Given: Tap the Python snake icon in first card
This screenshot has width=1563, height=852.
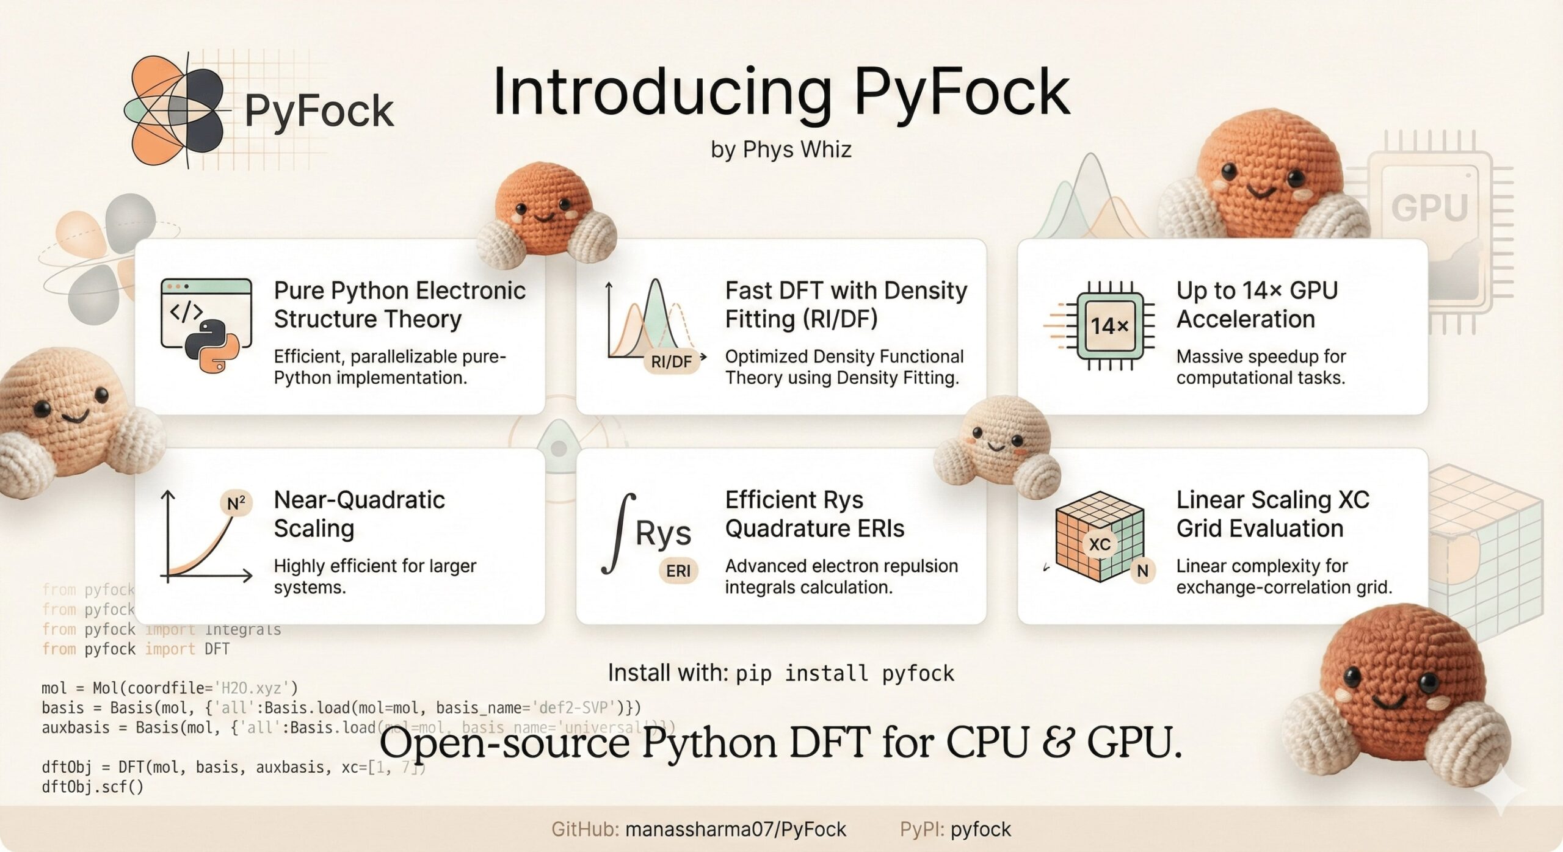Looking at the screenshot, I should click(212, 345).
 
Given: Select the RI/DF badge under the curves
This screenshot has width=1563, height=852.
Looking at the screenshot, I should click(671, 362).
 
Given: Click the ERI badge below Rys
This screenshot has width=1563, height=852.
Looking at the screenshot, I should click(678, 571).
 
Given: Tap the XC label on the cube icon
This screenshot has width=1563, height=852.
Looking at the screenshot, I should click(1100, 544).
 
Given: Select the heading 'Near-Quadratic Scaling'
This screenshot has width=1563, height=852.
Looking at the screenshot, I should click(359, 514).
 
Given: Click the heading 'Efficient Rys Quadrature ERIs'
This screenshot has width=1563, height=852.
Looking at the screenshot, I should click(814, 514).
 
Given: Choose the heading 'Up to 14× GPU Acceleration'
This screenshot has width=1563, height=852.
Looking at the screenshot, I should click(1257, 305).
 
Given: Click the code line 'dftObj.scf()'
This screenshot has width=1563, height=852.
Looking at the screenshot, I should click(93, 787).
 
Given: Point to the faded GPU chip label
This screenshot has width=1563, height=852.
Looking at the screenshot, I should click(1429, 208).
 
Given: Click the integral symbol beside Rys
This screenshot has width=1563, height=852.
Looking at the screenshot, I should click(618, 535).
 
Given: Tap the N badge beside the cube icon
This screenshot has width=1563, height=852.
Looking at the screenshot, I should click(1142, 571).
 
